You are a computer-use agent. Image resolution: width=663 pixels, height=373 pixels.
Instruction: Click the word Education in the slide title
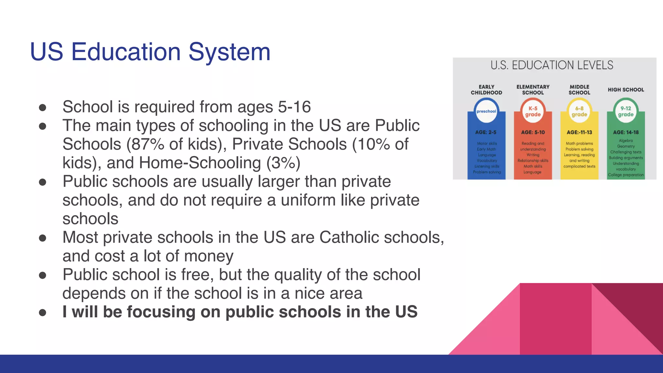point(126,52)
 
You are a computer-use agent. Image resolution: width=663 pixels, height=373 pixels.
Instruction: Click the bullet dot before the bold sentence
point(42,312)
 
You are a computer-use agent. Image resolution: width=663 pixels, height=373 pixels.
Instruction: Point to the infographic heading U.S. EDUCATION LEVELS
point(552,65)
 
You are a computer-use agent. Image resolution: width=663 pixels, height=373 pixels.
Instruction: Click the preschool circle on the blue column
point(486,111)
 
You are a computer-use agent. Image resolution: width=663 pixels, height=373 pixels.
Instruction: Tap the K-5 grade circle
point(533,111)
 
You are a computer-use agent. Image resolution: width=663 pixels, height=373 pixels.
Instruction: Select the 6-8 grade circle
point(579,111)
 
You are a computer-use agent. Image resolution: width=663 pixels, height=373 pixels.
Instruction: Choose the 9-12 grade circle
point(626,111)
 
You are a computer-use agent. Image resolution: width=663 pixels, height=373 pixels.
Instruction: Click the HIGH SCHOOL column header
point(626,90)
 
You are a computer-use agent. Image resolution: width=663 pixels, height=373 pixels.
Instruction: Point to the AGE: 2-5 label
point(486,132)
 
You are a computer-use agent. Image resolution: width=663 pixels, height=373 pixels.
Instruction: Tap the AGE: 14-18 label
point(626,132)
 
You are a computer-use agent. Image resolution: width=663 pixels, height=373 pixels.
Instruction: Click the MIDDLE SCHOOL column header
point(579,90)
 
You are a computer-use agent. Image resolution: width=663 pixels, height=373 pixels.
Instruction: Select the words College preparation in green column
point(626,175)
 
